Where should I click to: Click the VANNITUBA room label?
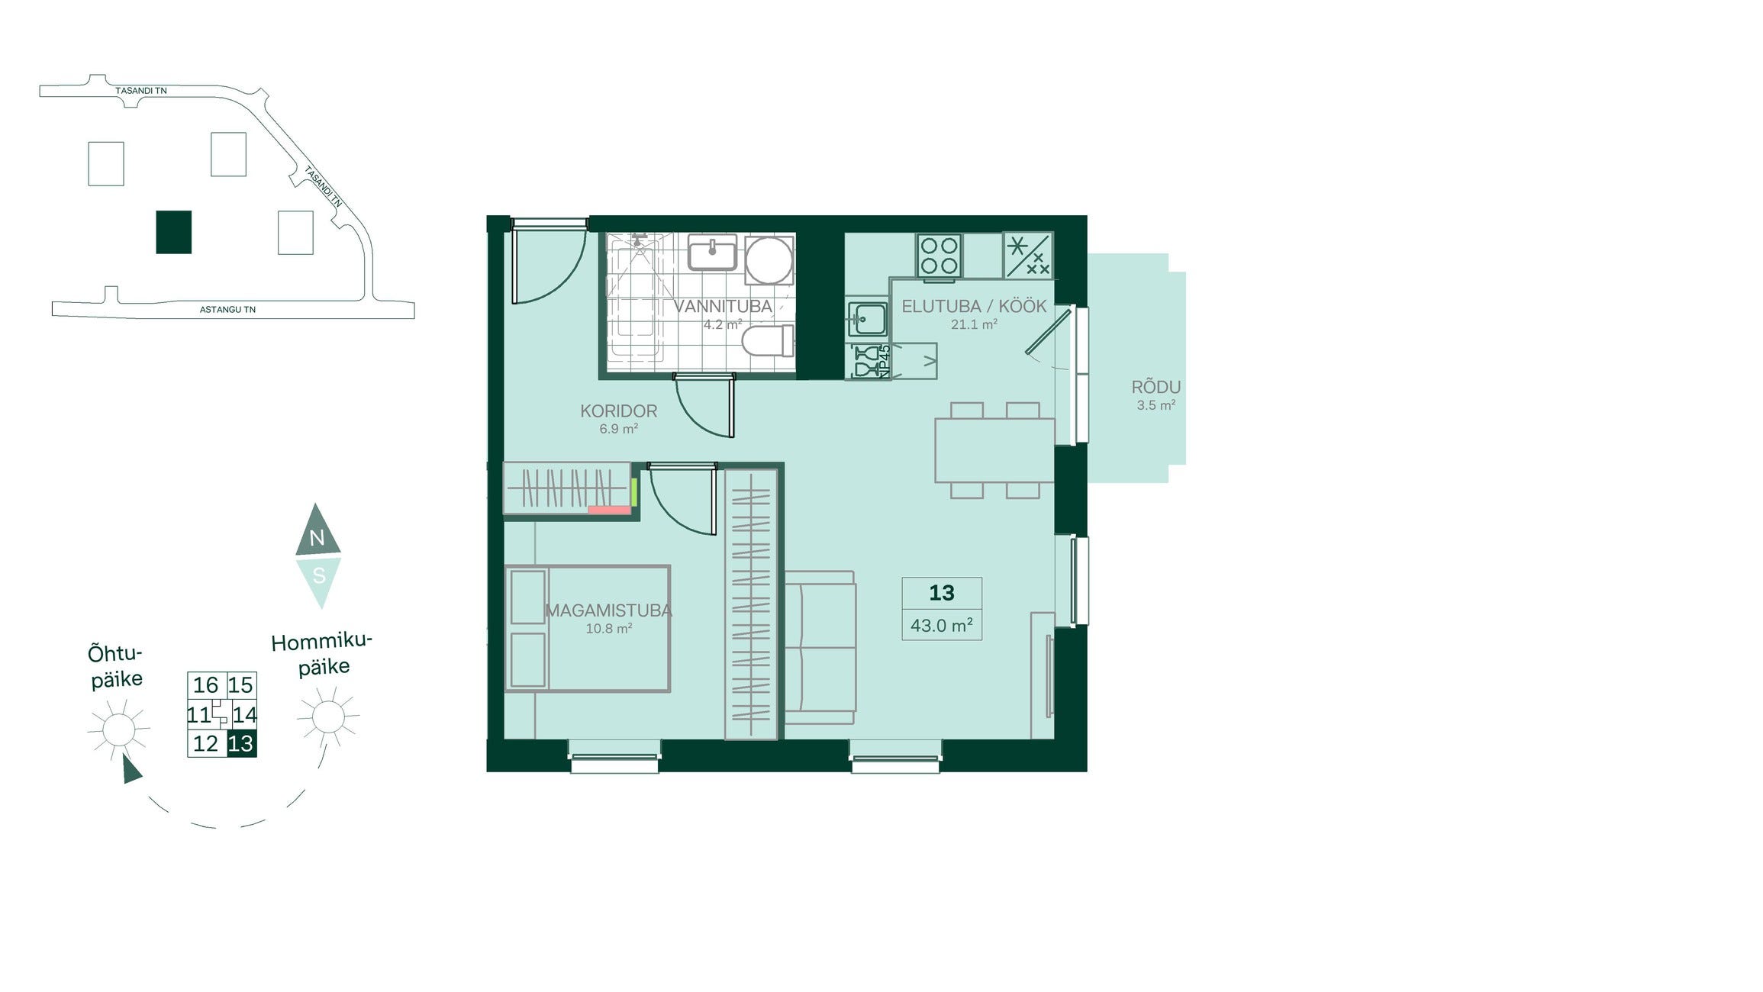pyautogui.click(x=723, y=307)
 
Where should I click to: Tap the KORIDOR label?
pyautogui.click(x=618, y=411)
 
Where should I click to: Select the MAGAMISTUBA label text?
pyautogui.click(x=608, y=611)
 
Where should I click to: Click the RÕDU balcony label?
pyautogui.click(x=1155, y=388)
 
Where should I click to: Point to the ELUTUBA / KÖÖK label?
pyautogui.click(x=974, y=307)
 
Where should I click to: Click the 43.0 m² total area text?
pyautogui.click(x=941, y=626)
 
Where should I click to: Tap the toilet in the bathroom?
pyautogui.click(x=768, y=341)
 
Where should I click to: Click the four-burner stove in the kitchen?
pyautogui.click(x=940, y=256)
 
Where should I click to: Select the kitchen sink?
pyautogui.click(x=868, y=319)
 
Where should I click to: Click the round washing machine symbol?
pyautogui.click(x=769, y=260)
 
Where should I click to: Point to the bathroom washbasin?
pyautogui.click(x=712, y=253)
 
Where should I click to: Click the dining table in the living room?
pyautogui.click(x=995, y=450)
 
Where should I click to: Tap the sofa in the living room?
pyautogui.click(x=820, y=648)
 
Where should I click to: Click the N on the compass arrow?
pyautogui.click(x=317, y=538)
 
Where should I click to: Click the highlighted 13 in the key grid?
pyautogui.click(x=241, y=744)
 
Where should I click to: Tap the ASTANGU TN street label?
pyautogui.click(x=227, y=310)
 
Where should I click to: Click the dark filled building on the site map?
pyautogui.click(x=174, y=232)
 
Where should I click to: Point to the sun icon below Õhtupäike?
pyautogui.click(x=118, y=730)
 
